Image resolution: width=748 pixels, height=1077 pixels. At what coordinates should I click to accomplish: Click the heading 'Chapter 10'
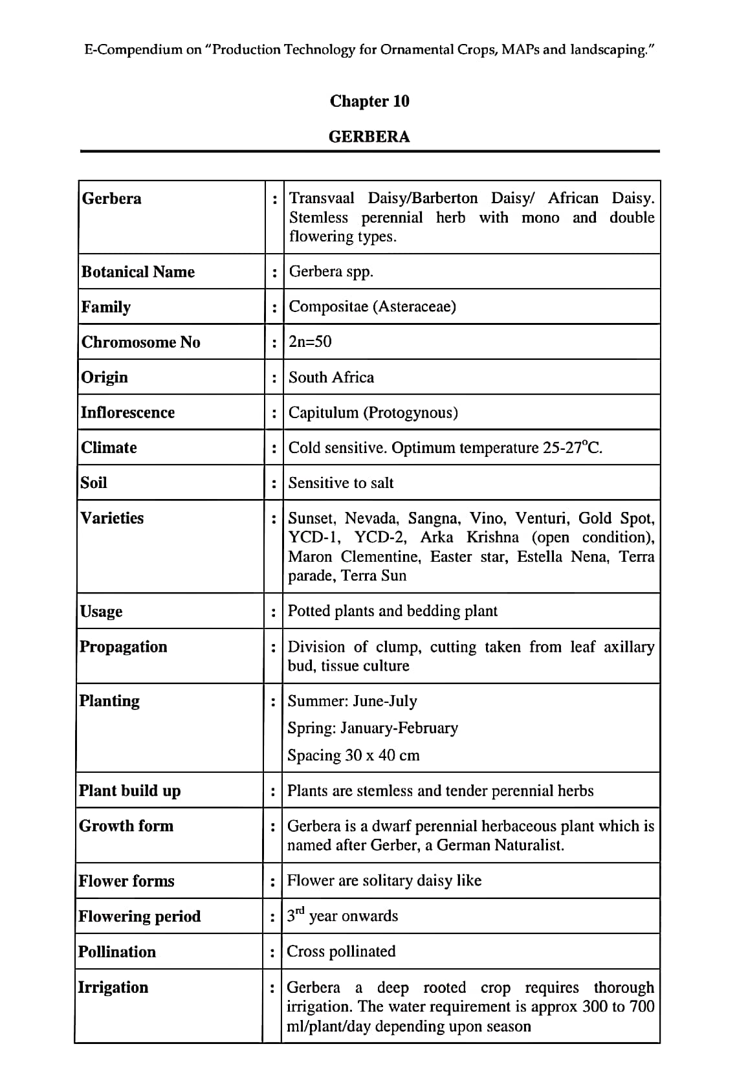[369, 101]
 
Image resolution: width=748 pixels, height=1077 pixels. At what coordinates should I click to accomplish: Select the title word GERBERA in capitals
[369, 137]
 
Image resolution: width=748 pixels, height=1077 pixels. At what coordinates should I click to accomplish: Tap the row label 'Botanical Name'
[138, 272]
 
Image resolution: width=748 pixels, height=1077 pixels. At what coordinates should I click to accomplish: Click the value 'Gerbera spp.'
[331, 271]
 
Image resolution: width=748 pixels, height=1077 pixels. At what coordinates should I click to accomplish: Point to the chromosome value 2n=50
[310, 342]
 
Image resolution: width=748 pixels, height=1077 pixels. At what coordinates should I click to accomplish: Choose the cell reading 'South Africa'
[331, 377]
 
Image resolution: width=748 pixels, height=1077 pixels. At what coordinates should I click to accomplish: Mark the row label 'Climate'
[109, 447]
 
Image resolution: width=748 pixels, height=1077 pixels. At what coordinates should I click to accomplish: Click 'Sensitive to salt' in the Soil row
[340, 483]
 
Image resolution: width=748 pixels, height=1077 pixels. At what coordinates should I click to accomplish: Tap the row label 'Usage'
[101, 612]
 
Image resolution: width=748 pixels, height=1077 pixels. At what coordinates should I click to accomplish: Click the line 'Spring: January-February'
[372, 728]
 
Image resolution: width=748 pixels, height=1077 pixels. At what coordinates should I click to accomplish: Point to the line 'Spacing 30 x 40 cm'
[353, 755]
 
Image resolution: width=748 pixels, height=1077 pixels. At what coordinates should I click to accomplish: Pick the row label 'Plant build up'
[129, 791]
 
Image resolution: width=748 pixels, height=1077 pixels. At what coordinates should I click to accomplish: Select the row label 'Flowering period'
[139, 916]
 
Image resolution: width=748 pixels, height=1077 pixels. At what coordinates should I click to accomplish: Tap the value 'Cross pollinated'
[340, 951]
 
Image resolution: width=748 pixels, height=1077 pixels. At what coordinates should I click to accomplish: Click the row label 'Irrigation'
[113, 987]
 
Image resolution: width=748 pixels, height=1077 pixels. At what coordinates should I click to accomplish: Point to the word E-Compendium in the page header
[133, 50]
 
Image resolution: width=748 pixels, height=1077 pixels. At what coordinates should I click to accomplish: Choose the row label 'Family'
[105, 307]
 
